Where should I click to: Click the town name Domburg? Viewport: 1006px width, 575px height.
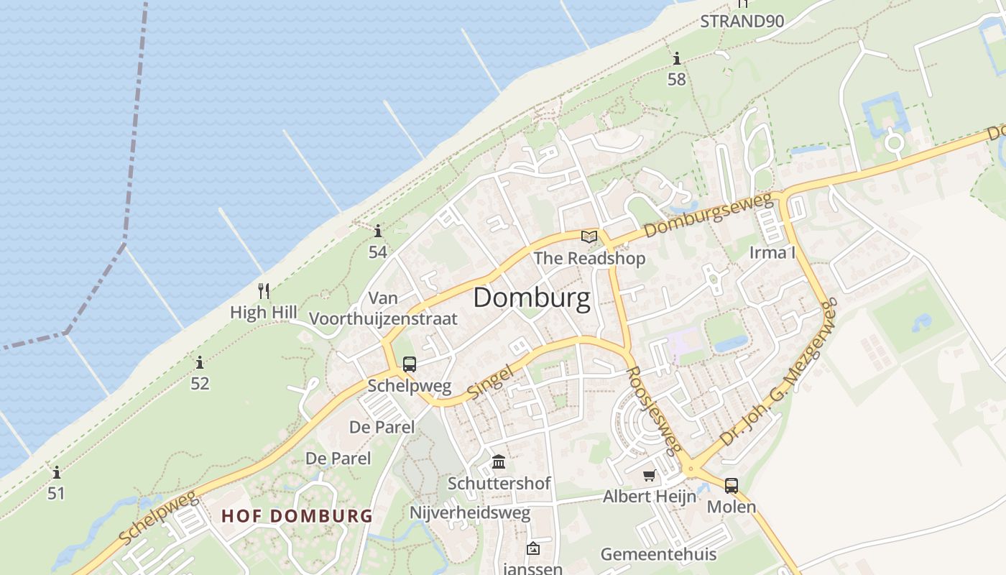point(532,298)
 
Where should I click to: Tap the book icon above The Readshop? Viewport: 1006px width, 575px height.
point(589,236)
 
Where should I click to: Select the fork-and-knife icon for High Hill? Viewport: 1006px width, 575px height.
point(264,291)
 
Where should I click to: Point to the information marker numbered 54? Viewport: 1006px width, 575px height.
point(378,231)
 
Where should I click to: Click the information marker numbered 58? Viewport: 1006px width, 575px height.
point(676,59)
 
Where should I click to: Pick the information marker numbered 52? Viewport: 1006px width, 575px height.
point(200,363)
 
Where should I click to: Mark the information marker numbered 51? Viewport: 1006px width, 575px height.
point(56,473)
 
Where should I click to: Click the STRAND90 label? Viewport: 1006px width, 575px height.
point(742,21)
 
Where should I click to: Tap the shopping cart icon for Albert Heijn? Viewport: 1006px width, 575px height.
point(650,475)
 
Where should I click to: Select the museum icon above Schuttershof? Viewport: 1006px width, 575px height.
point(499,461)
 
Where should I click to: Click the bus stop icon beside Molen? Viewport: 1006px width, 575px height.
point(732,486)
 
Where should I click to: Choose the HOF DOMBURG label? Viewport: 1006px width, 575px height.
point(297,516)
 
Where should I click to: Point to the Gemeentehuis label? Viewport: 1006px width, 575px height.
point(658,554)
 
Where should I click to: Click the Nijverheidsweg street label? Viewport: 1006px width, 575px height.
point(470,512)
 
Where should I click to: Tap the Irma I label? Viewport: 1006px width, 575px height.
point(772,252)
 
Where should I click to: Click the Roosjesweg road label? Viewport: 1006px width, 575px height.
point(652,410)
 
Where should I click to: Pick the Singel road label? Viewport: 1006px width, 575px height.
point(490,382)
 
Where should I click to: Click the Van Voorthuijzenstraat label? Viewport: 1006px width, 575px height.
point(383,308)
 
